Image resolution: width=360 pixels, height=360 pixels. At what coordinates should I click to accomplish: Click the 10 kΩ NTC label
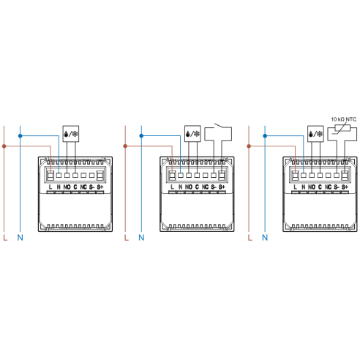pyautogui.click(x=343, y=119)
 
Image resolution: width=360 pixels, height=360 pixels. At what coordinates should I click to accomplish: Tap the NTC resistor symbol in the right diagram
pyautogui.click(x=342, y=128)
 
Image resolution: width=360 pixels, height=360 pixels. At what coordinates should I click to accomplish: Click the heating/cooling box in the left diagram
pyautogui.click(x=71, y=134)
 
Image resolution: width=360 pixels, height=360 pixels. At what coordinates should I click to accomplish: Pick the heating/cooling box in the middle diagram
pyautogui.click(x=192, y=134)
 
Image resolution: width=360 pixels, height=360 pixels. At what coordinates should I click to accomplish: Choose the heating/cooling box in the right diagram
pyautogui.click(x=315, y=134)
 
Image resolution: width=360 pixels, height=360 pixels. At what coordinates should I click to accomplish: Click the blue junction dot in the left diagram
pyautogui.click(x=20, y=136)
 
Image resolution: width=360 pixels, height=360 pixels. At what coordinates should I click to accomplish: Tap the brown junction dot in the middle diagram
pyautogui.click(x=125, y=146)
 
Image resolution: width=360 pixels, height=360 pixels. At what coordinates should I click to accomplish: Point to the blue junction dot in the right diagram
pyautogui.click(x=265, y=136)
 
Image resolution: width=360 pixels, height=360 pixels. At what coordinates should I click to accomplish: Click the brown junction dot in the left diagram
pyautogui.click(x=4, y=146)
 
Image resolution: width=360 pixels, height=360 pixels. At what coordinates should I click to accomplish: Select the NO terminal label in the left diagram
pyautogui.click(x=67, y=187)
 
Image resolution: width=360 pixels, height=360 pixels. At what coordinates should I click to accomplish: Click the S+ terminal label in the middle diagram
pyautogui.click(x=222, y=187)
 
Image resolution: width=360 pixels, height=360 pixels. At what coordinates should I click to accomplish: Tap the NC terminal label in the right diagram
pyautogui.click(x=329, y=187)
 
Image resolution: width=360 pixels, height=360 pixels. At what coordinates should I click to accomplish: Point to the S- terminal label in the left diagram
pyautogui.click(x=91, y=187)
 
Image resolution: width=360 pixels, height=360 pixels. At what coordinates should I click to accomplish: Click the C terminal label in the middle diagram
pyautogui.click(x=197, y=187)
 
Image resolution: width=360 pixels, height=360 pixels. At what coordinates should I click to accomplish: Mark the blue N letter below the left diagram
pyautogui.click(x=20, y=238)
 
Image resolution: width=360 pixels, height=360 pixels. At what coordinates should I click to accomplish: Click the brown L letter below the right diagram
pyautogui.click(x=250, y=238)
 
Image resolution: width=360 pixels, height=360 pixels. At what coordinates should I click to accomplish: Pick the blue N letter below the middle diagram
pyautogui.click(x=141, y=238)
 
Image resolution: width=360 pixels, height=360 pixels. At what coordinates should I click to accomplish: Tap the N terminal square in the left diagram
pyautogui.click(x=59, y=175)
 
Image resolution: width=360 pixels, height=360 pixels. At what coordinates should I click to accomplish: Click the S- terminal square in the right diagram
pyautogui.click(x=337, y=175)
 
